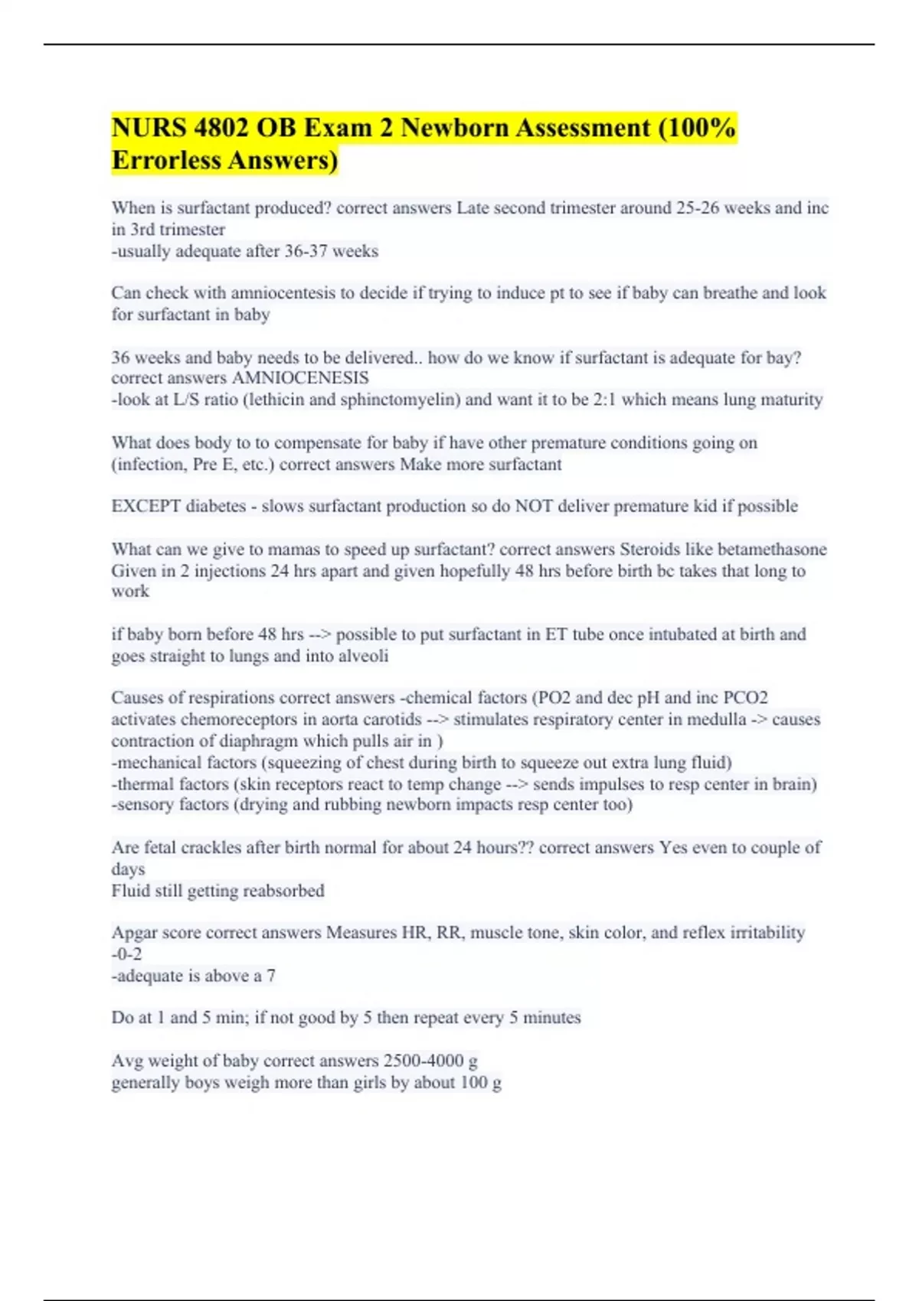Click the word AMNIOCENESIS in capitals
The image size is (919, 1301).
(300, 378)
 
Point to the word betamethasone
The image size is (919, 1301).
(778, 549)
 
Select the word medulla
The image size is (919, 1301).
(715, 719)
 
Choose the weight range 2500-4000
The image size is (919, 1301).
(424, 1061)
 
